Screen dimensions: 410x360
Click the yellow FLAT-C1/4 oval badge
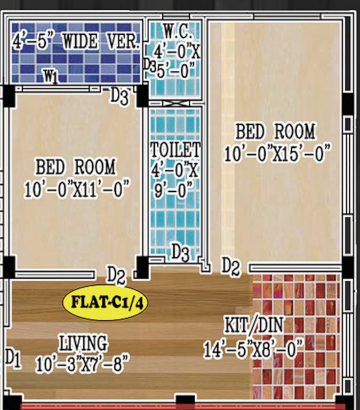[105, 302]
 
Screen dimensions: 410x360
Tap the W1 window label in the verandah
[51, 77]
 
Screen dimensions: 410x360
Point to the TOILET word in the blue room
[175, 149]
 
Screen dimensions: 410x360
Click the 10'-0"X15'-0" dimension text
[275, 154]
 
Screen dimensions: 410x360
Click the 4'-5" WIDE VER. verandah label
[75, 42]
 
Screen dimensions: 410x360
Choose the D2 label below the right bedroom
[230, 265]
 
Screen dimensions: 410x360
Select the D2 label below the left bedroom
[116, 275]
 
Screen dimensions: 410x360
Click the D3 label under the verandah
[119, 97]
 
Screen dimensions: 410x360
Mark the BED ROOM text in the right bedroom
[275, 131]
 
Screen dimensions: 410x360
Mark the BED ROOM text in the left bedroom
[75, 167]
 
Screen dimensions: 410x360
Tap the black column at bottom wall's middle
[185, 401]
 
